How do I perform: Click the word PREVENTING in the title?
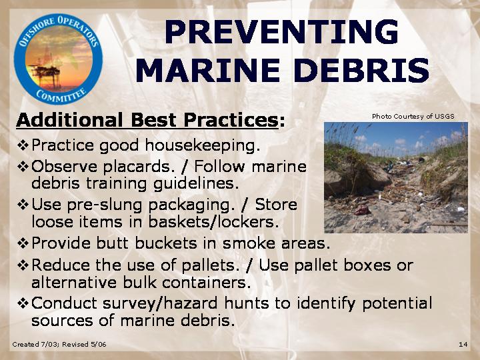281,32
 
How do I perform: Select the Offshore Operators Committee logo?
58,59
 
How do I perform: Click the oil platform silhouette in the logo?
46,72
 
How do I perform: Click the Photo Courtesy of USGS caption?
413,116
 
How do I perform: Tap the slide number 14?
463,345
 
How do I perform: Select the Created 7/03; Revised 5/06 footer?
59,345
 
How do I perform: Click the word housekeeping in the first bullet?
203,146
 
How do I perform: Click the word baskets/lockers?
213,222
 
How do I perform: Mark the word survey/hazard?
160,304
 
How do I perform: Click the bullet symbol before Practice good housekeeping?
23,145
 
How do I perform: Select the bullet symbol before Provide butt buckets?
23,243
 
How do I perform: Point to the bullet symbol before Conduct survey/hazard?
23,303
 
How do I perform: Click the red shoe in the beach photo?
361,210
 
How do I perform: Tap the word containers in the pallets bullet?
206,283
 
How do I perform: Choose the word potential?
397,304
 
